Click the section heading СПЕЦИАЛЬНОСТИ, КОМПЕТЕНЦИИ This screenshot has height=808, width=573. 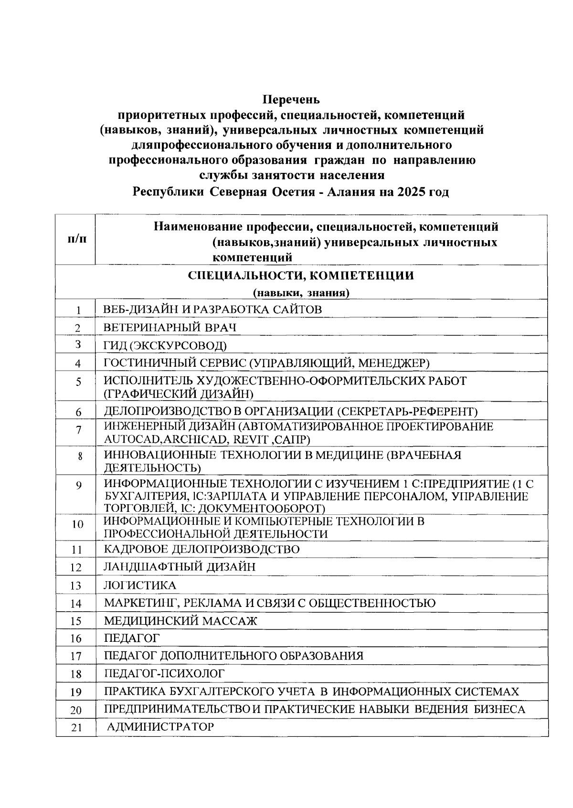click(301, 276)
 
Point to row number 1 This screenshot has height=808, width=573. click(77, 310)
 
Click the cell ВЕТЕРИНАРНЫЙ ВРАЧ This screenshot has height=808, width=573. click(170, 328)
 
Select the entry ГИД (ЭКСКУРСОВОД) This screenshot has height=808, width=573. click(165, 345)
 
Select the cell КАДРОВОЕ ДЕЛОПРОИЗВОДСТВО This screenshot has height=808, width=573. click(202, 549)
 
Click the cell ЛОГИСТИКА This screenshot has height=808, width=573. click(140, 585)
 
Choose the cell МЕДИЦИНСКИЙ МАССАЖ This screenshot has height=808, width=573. click(180, 621)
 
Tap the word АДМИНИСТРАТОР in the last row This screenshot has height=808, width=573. click(160, 727)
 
